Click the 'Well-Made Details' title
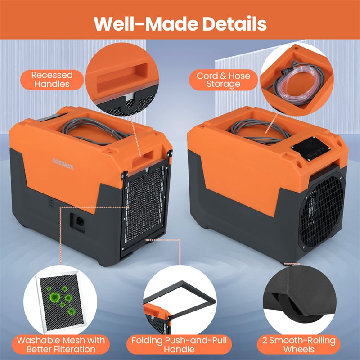click(180, 24)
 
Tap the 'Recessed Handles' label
click(52, 80)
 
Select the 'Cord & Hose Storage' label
click(223, 80)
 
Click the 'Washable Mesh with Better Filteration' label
click(61, 345)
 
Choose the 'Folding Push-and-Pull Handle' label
click(179, 345)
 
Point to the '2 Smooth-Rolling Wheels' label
click(299, 345)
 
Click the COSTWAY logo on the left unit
click(63, 164)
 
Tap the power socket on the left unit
click(78, 222)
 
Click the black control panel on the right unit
click(311, 149)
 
